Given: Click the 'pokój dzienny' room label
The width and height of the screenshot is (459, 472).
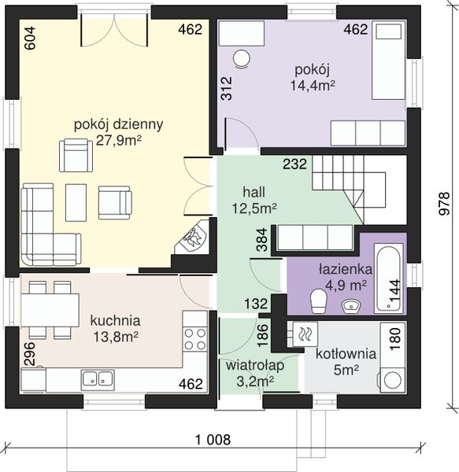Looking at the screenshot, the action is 118,124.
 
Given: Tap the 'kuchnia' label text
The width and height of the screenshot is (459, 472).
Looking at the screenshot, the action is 116,321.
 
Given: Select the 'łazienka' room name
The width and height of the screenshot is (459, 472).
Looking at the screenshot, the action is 345,269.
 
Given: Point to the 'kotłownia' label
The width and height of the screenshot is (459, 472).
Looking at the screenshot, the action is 346,354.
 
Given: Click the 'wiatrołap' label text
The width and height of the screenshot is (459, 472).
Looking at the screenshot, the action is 255,366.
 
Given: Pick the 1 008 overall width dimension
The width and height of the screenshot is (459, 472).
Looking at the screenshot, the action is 213,440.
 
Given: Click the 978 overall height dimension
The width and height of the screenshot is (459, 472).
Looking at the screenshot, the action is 444,204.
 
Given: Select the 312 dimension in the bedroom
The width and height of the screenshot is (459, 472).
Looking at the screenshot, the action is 226,88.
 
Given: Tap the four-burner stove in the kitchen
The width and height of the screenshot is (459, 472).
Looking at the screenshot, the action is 195,339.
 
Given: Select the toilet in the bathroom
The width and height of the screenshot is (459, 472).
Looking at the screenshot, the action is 319,301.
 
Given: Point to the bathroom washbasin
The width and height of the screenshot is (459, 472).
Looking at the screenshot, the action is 351,305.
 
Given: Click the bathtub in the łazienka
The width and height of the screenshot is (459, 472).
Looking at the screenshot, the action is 388,278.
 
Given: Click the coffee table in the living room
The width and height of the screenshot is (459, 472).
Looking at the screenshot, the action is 76,202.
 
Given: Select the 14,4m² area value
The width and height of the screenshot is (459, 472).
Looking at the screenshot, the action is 313,86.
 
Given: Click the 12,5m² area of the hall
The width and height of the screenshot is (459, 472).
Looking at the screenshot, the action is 254,208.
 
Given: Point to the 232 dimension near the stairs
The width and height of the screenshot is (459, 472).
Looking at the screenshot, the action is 295,164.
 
